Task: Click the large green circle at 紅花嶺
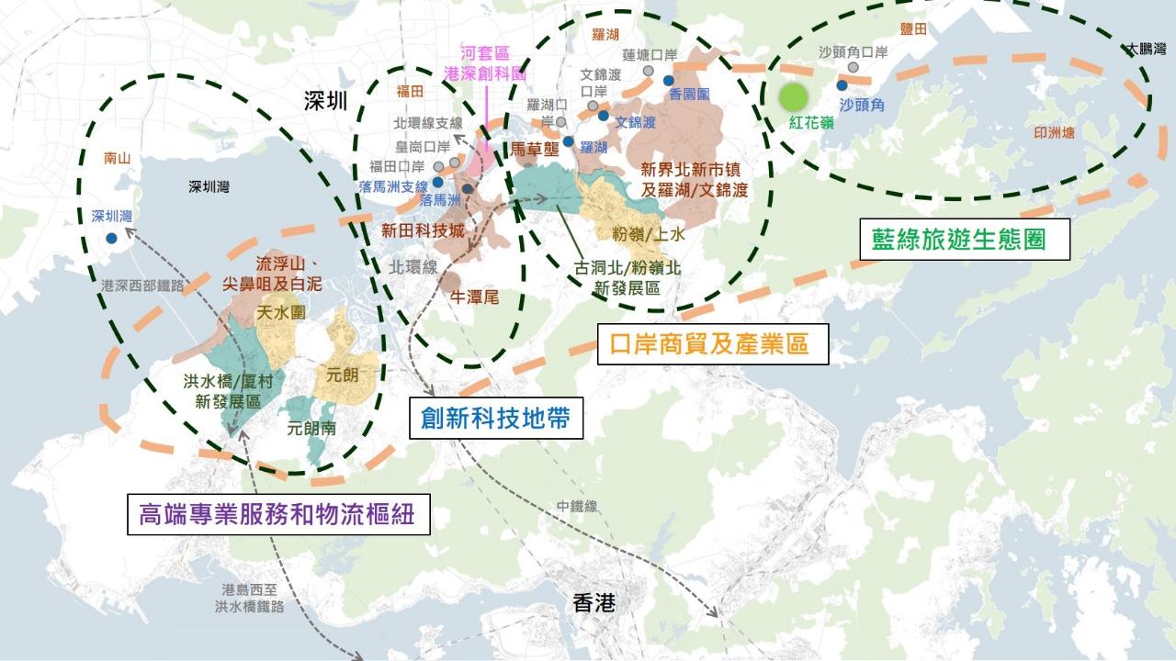point(793,97)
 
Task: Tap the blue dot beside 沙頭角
point(842,84)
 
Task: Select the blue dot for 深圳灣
point(111,238)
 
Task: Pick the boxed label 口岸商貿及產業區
point(712,344)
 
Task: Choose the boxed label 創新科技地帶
point(495,418)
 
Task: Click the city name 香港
point(594,603)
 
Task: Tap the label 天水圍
point(280,313)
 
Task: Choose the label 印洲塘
point(1053,132)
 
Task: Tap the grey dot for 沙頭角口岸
point(854,67)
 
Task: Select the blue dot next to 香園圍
point(668,81)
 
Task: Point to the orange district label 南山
point(119,157)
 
